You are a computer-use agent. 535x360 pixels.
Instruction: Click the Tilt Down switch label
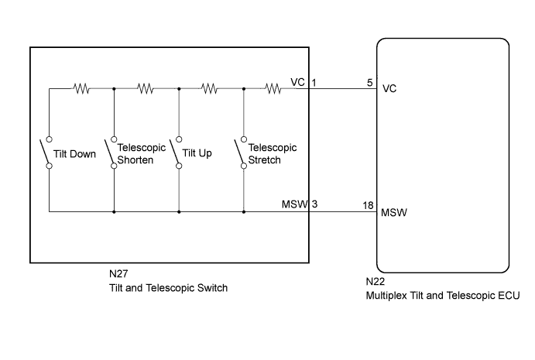pyautogui.click(x=75, y=153)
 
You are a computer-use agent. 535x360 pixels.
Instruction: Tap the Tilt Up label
pyautogui.click(x=197, y=153)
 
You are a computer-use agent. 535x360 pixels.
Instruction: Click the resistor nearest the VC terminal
pyautogui.click(x=273, y=89)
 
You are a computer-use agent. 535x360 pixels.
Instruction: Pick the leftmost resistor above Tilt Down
pyautogui.click(x=81, y=89)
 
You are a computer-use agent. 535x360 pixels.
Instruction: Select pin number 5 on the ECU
pyautogui.click(x=370, y=82)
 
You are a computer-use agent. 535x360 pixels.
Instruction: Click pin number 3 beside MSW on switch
pyautogui.click(x=315, y=204)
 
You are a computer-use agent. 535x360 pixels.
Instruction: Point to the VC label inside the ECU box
pyautogui.click(x=390, y=89)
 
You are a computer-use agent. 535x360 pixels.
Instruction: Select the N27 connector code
pyautogui.click(x=120, y=274)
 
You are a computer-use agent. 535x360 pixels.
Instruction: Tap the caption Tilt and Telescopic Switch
pyautogui.click(x=168, y=287)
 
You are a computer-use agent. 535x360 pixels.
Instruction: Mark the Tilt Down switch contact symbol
pyautogui.click(x=48, y=152)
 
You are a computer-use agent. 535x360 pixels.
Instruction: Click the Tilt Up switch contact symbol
pyautogui.click(x=177, y=152)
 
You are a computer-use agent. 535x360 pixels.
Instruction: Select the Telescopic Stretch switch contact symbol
pyautogui.click(x=242, y=152)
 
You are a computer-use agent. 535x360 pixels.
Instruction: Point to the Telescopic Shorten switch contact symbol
pyautogui.click(x=113, y=152)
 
